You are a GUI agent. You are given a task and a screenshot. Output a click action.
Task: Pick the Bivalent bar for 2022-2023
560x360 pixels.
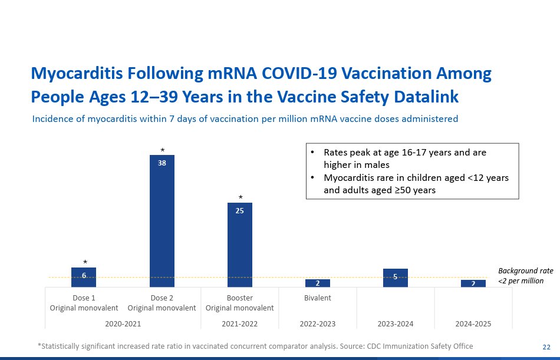pyautogui.click(x=318, y=283)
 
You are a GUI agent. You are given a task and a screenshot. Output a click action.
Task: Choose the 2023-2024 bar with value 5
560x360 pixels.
pyautogui.click(x=396, y=278)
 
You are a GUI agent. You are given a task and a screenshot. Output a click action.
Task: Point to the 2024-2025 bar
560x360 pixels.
pyautogui.click(x=473, y=283)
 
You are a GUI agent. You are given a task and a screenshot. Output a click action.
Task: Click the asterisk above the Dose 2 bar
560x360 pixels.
pyautogui.click(x=162, y=151)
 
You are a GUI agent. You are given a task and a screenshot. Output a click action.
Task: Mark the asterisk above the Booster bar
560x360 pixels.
pyautogui.click(x=240, y=198)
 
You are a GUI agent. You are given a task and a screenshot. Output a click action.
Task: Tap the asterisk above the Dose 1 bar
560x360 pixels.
pyautogui.click(x=84, y=263)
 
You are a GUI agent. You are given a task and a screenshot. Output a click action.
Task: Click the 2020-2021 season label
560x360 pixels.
pyautogui.click(x=123, y=323)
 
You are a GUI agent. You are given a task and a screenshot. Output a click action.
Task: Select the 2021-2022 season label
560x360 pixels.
pyautogui.click(x=239, y=323)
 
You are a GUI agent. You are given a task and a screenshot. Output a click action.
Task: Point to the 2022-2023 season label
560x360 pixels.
pyautogui.click(x=317, y=323)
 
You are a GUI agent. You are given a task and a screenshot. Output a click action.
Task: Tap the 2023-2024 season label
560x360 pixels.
pyautogui.click(x=395, y=323)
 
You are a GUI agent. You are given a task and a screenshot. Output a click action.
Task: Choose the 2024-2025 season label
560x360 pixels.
pyautogui.click(x=473, y=323)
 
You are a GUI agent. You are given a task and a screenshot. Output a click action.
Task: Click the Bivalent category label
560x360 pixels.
pyautogui.click(x=318, y=298)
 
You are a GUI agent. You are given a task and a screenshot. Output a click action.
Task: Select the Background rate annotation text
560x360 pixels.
pyautogui.click(x=525, y=276)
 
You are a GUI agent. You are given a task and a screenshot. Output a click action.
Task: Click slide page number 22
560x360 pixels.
pyautogui.click(x=546, y=346)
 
